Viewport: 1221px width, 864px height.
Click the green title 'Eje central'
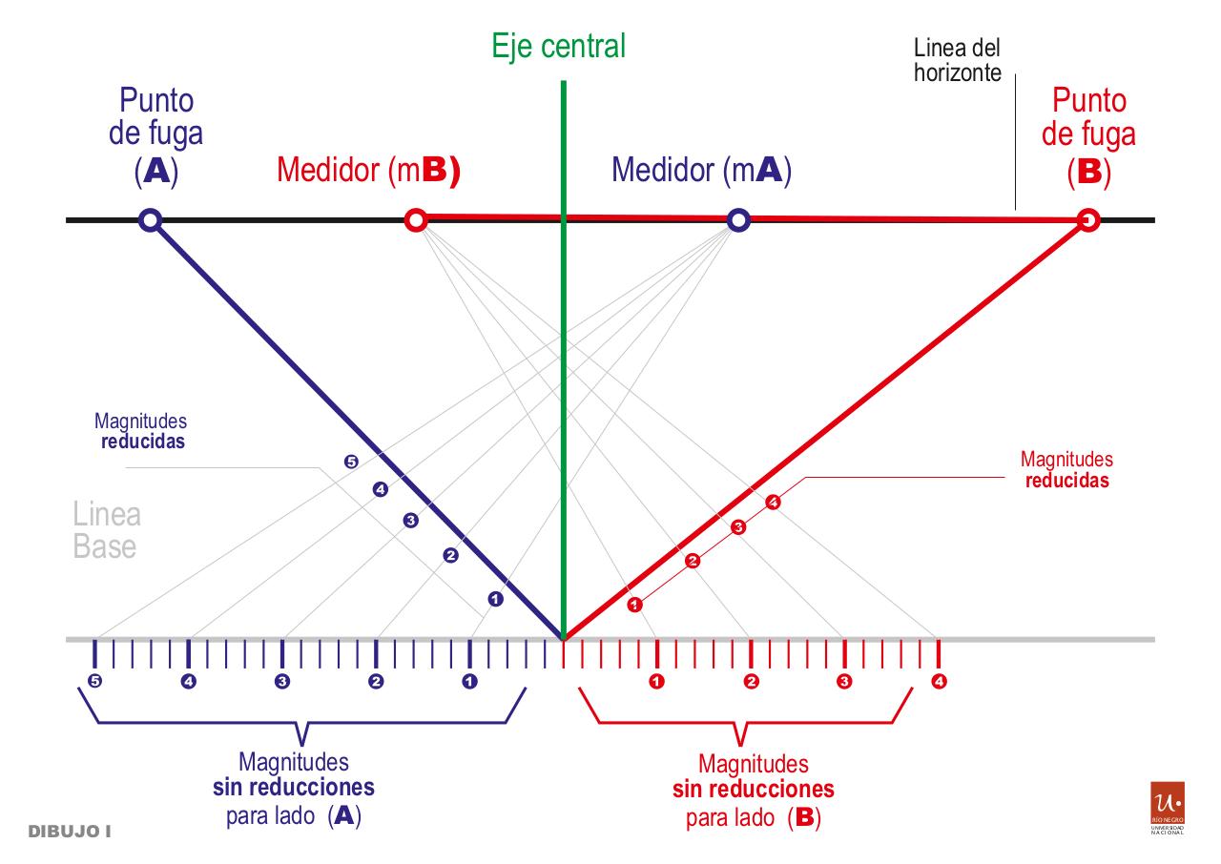(x=559, y=46)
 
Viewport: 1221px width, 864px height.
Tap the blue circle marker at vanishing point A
(x=149, y=220)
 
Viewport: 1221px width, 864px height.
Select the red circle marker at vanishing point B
(x=1087, y=221)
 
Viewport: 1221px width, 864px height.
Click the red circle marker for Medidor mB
(x=415, y=220)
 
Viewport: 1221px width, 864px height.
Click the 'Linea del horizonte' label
(x=957, y=60)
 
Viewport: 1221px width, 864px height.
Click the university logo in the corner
(x=1169, y=810)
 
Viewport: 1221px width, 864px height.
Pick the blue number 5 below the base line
(x=93, y=682)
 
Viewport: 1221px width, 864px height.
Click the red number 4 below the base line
(x=939, y=682)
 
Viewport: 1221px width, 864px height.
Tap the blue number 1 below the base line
(x=469, y=682)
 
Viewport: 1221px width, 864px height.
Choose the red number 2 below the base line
(x=751, y=682)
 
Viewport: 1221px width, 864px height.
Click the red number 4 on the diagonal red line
(x=773, y=503)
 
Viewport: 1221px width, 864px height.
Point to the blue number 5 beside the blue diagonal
(x=351, y=463)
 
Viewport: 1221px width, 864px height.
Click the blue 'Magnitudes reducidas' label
(x=140, y=431)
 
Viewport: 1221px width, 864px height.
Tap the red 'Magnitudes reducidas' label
(x=1066, y=471)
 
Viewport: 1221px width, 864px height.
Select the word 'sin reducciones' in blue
(x=293, y=789)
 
